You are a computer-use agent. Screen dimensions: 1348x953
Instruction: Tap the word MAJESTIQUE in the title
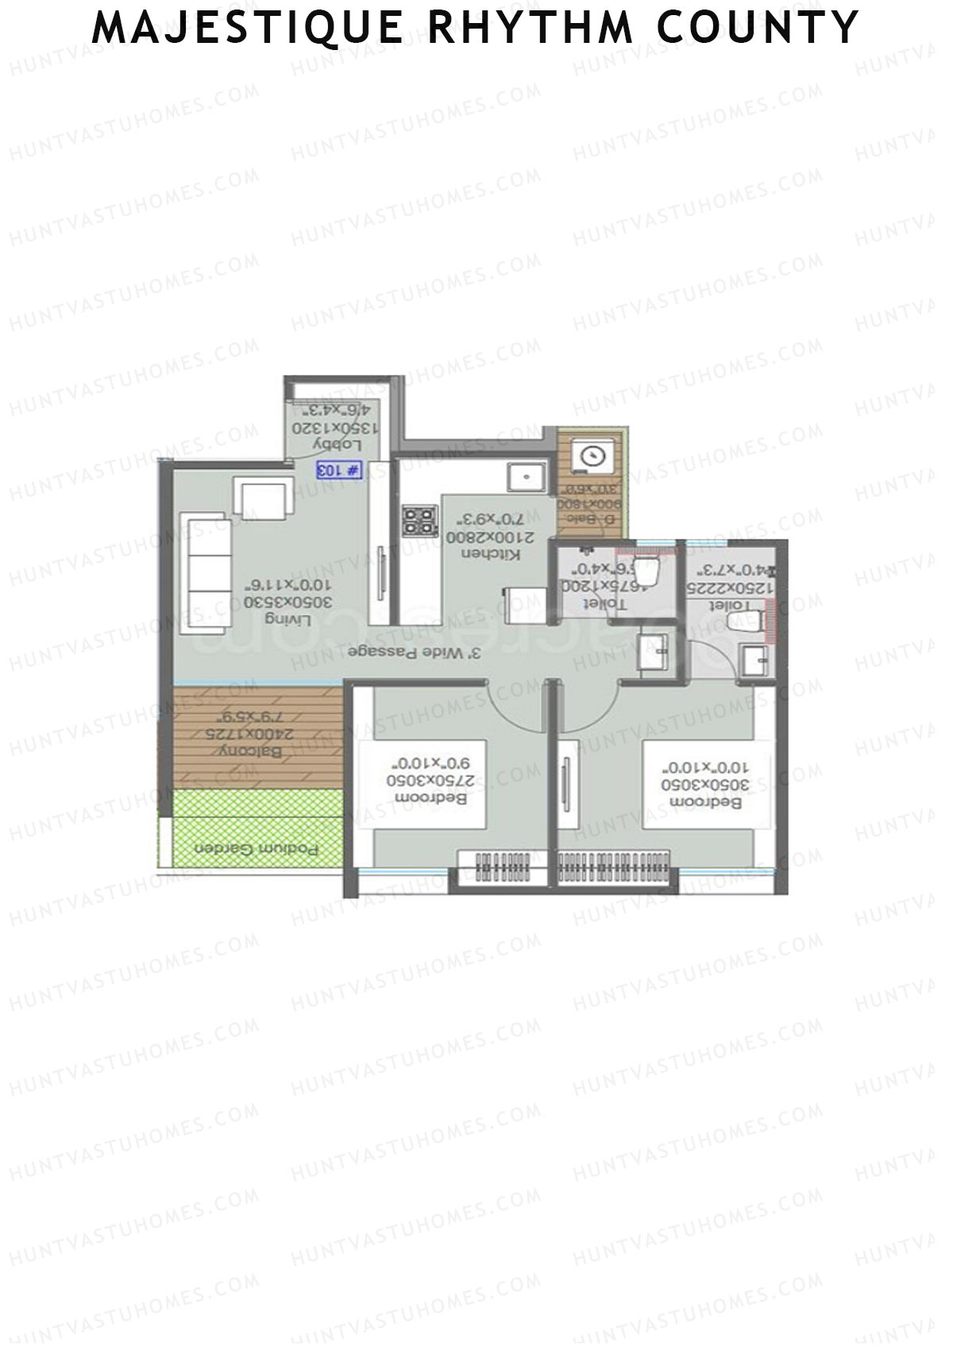(x=247, y=27)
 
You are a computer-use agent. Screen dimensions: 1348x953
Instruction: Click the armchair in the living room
(x=262, y=500)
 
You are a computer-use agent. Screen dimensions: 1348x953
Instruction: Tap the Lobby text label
(x=327, y=443)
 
